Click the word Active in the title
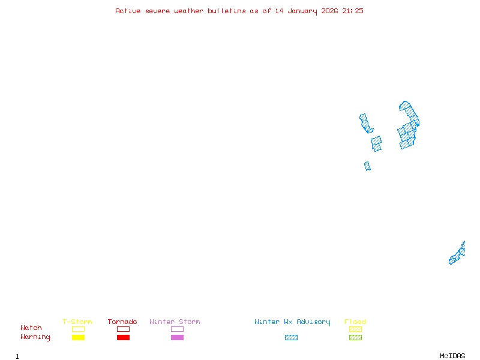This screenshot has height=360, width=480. coord(128,11)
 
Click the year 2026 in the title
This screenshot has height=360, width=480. coord(329,11)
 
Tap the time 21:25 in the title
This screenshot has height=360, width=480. coord(353,11)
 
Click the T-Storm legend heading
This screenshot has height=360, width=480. coord(77,322)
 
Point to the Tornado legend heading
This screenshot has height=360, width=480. coord(122,322)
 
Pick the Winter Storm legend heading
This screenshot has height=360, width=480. coord(175,322)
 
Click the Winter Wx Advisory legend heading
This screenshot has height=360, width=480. coord(292,322)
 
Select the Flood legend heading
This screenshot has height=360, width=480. coord(355,322)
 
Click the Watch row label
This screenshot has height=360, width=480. coord(31,328)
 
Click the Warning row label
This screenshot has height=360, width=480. coord(35,337)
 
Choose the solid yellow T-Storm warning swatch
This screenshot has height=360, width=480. coord(78,338)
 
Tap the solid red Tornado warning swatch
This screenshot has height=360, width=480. coord(123,338)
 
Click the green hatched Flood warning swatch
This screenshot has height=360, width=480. coord(355,338)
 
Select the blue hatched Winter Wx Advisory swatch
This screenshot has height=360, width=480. coord(291,338)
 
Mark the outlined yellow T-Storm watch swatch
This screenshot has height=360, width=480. coord(78,329)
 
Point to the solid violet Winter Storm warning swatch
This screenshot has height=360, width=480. coord(177,338)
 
